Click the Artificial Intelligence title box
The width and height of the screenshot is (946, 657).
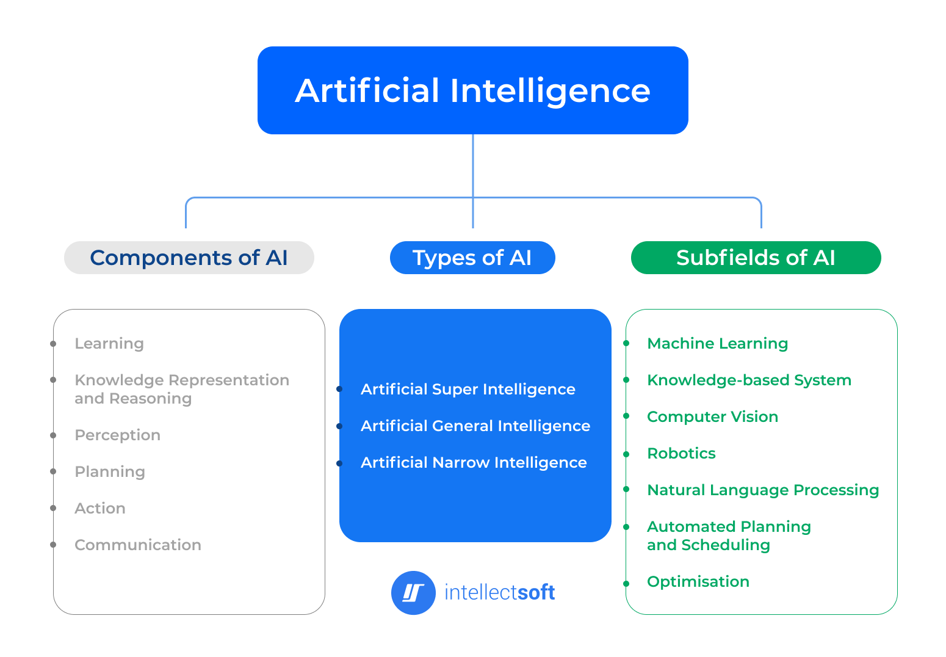[x=472, y=90]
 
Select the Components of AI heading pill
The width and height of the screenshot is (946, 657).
[x=189, y=258]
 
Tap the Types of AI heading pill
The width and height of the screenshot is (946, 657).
[x=472, y=258]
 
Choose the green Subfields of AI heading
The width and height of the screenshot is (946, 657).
[x=756, y=258]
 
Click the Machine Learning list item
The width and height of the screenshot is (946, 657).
[x=717, y=344]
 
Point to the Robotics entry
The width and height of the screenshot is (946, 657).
[x=681, y=454]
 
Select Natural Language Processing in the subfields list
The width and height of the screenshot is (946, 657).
[x=763, y=490]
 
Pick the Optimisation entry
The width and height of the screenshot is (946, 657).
[x=698, y=582]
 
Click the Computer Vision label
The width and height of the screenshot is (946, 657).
[x=712, y=417]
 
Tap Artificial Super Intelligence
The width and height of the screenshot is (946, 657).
[x=468, y=390]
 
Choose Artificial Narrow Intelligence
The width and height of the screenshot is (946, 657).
[x=474, y=463]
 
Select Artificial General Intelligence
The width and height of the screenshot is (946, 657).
[x=475, y=426]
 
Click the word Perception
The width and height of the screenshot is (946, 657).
[x=117, y=435]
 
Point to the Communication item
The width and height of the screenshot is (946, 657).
[x=137, y=545]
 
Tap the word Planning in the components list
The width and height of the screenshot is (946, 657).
[x=110, y=472]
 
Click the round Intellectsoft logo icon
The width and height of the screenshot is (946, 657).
[x=413, y=592]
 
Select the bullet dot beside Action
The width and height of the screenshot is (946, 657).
[x=54, y=509]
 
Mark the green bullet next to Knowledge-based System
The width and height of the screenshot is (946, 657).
[x=626, y=380]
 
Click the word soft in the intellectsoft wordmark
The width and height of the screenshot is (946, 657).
[x=536, y=592]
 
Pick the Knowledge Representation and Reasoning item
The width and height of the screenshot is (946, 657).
[x=181, y=389]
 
